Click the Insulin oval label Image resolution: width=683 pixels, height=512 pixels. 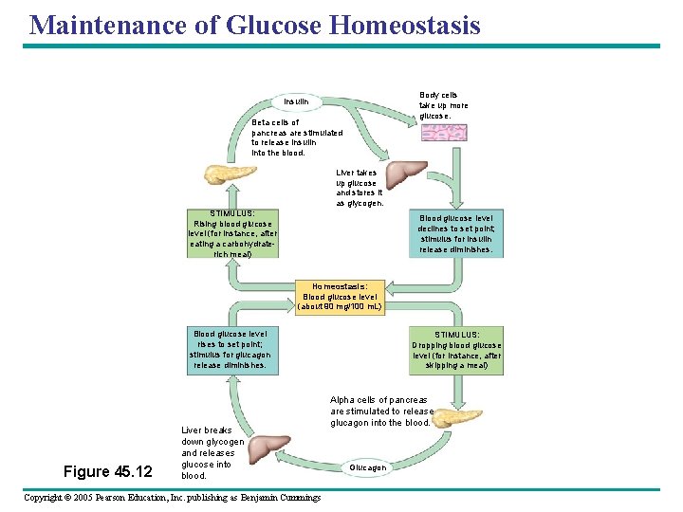click(x=296, y=101)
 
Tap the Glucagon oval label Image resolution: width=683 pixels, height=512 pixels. click(x=367, y=467)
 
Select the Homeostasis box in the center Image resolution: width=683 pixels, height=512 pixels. click(x=340, y=296)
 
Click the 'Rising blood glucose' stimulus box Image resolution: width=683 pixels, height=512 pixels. click(x=232, y=233)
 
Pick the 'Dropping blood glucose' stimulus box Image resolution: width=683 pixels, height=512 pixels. click(x=456, y=350)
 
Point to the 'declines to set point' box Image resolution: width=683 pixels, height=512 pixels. click(x=456, y=233)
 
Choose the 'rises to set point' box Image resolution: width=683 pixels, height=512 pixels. click(x=231, y=350)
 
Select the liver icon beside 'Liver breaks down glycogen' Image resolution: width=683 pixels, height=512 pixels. click(x=274, y=447)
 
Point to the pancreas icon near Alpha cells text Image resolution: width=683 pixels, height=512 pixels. click(x=457, y=417)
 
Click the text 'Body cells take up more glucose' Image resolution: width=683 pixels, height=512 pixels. click(x=443, y=105)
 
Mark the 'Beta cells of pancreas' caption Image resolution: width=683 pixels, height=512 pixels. click(x=296, y=137)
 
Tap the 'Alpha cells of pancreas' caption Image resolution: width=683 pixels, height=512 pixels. click(x=381, y=411)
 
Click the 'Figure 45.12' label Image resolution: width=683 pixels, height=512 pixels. click(x=107, y=471)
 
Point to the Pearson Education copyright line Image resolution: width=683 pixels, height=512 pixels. click(x=172, y=498)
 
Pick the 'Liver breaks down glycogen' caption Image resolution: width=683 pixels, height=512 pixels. click(x=212, y=453)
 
